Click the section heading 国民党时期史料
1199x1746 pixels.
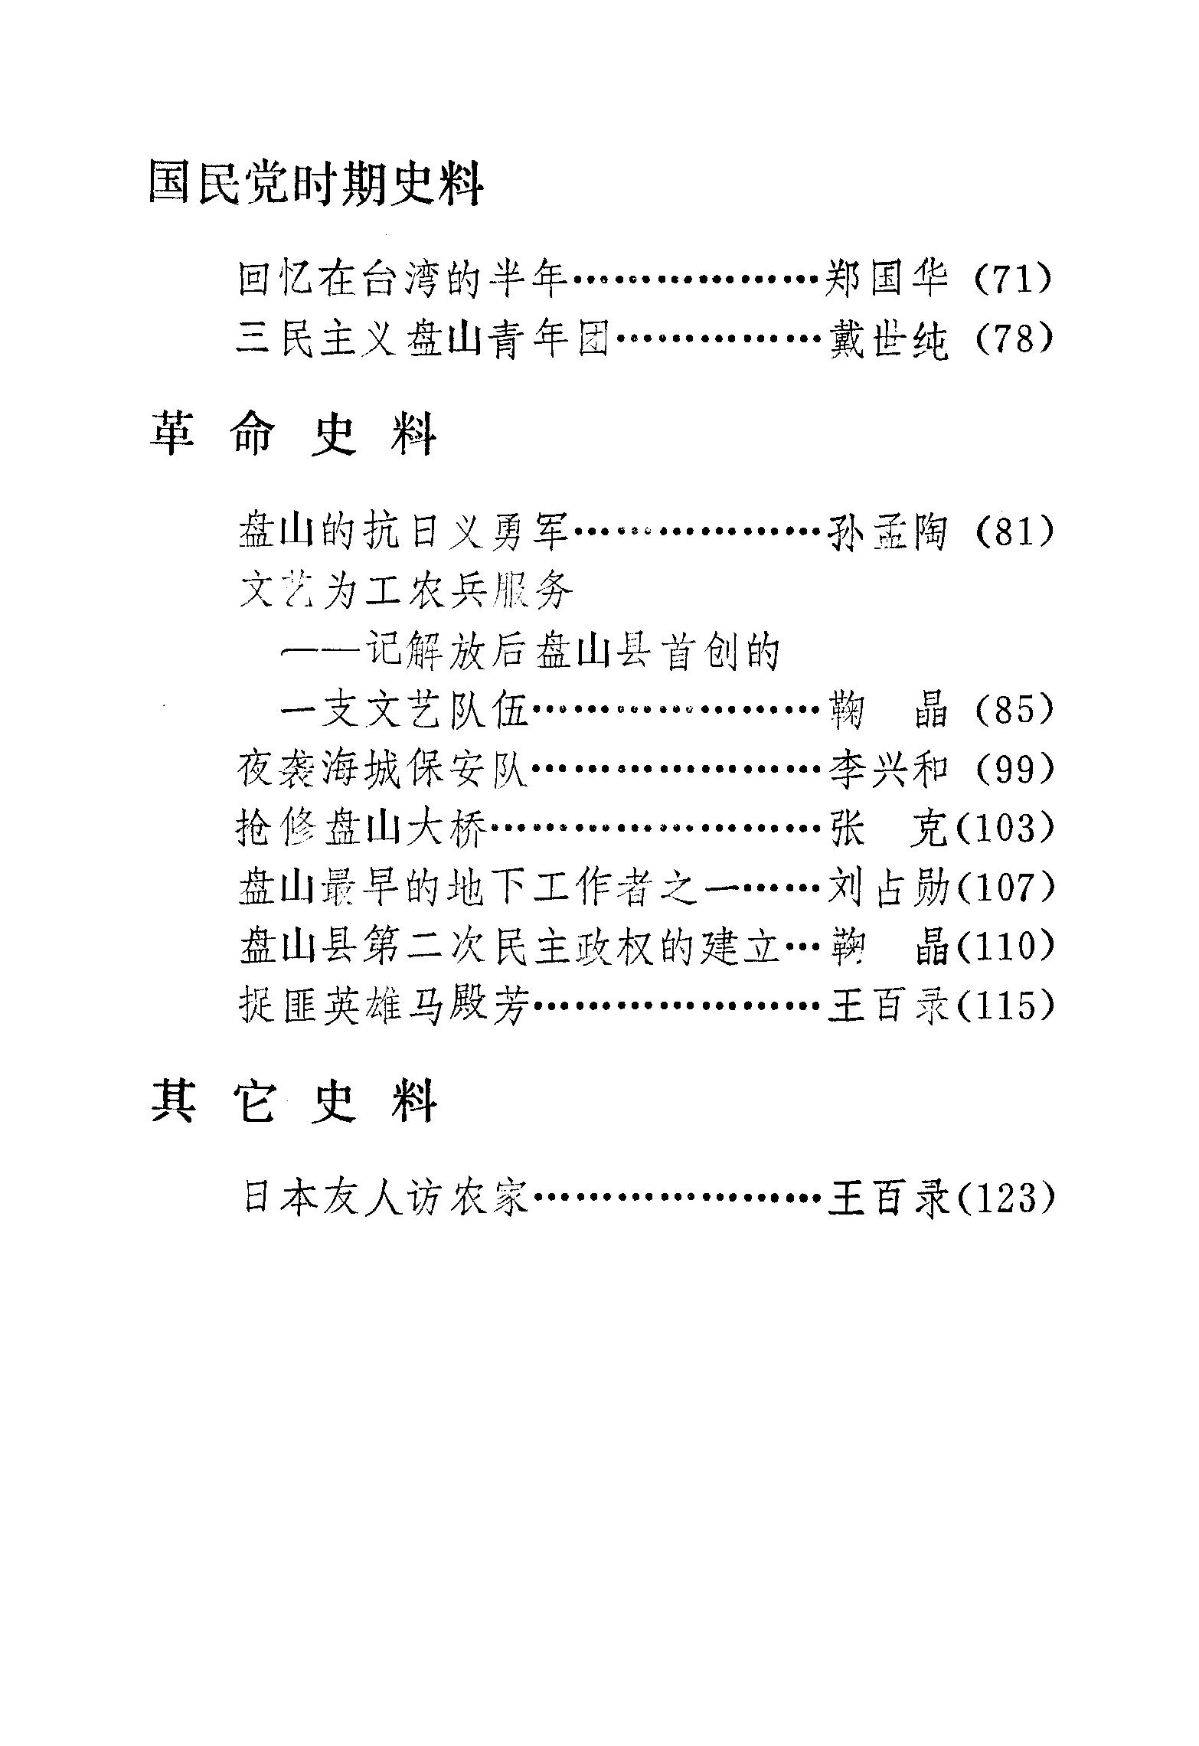[315, 183]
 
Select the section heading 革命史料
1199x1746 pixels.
[292, 433]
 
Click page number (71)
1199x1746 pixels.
[1014, 279]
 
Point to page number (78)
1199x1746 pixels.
[1014, 338]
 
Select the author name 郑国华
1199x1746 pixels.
[888, 279]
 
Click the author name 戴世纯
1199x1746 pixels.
[888, 338]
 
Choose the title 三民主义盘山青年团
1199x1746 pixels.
[423, 338]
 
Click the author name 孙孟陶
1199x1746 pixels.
[888, 531]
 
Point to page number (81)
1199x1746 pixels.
[1014, 531]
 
